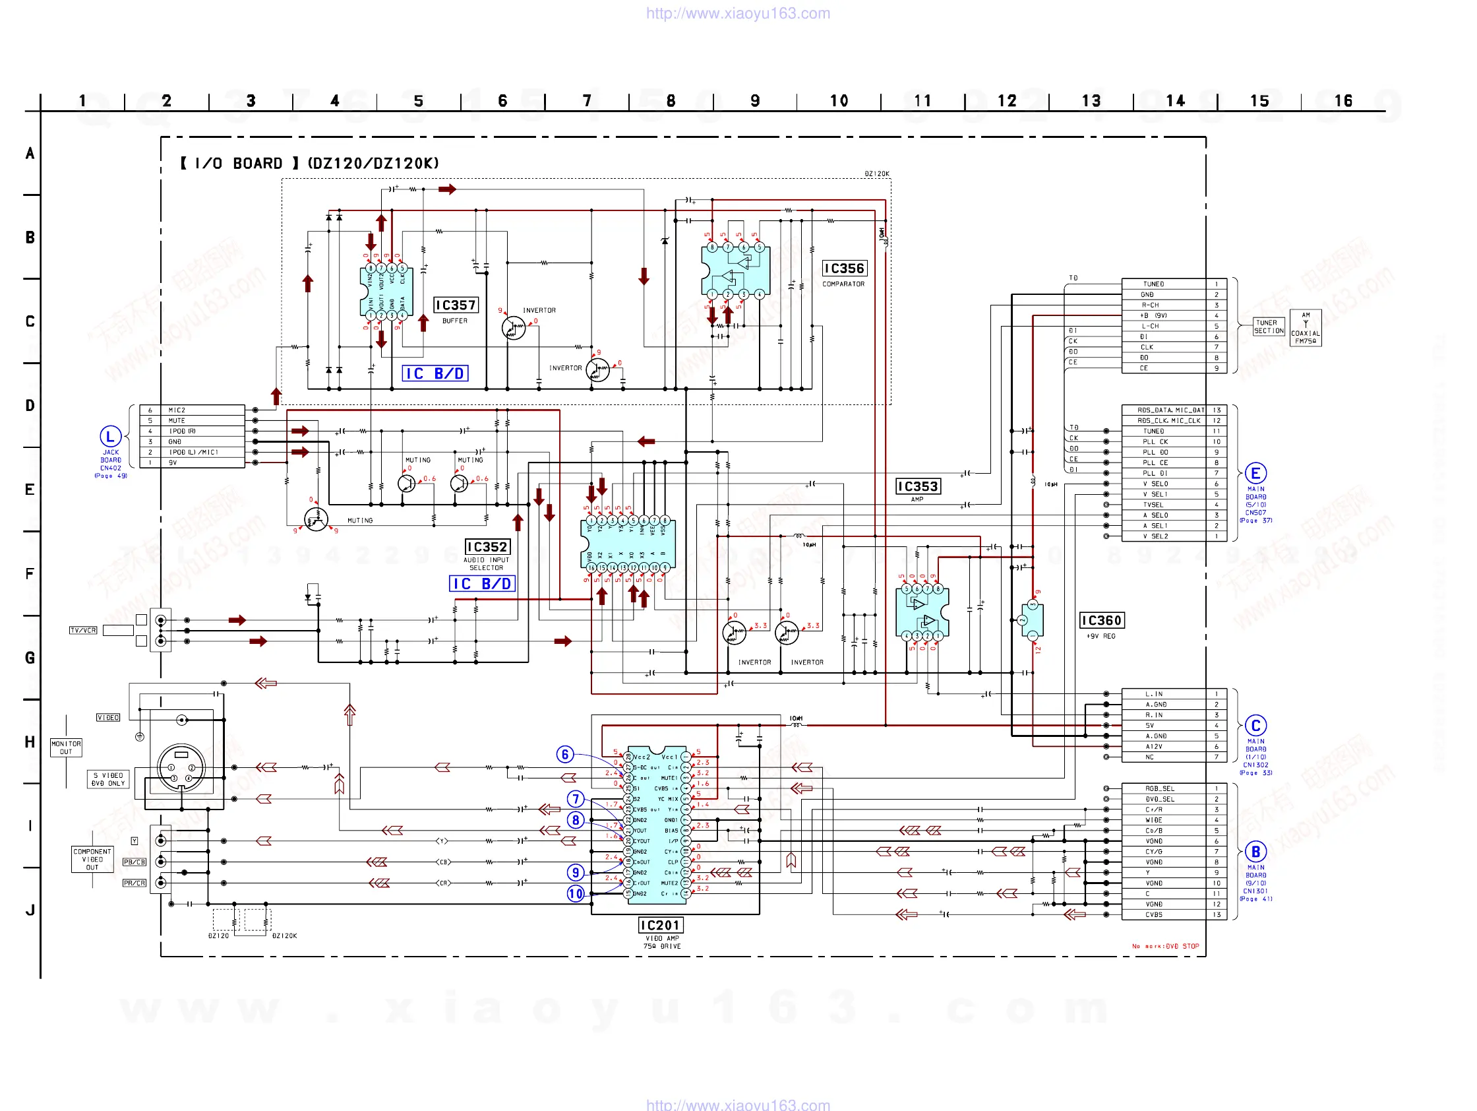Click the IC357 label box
point(456,305)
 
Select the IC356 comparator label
point(844,269)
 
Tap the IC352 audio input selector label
point(487,547)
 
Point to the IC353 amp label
point(917,486)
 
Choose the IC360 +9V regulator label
point(1101,621)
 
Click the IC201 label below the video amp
point(661,925)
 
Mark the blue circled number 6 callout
point(565,754)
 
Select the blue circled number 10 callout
point(575,894)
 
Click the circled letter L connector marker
point(110,437)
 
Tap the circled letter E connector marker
point(1255,474)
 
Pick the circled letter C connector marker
point(1255,726)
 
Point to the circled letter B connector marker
point(1255,852)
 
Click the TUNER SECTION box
point(1269,327)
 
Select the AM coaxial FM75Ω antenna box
point(1306,328)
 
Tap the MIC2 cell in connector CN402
point(177,410)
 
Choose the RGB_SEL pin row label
point(1159,788)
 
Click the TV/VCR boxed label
point(84,630)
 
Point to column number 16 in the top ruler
point(1342,101)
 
